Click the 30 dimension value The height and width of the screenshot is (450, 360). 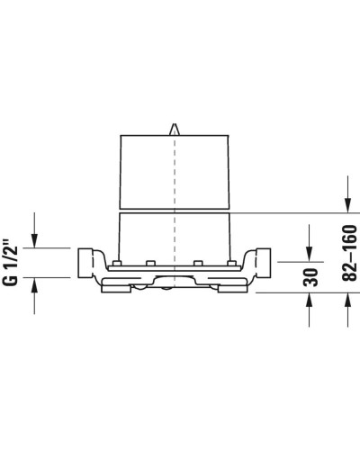pos(310,275)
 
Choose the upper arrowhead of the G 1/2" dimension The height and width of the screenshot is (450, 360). pos(35,239)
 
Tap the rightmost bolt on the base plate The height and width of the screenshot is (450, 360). pos(232,263)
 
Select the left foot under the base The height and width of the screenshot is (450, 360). pos(115,286)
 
